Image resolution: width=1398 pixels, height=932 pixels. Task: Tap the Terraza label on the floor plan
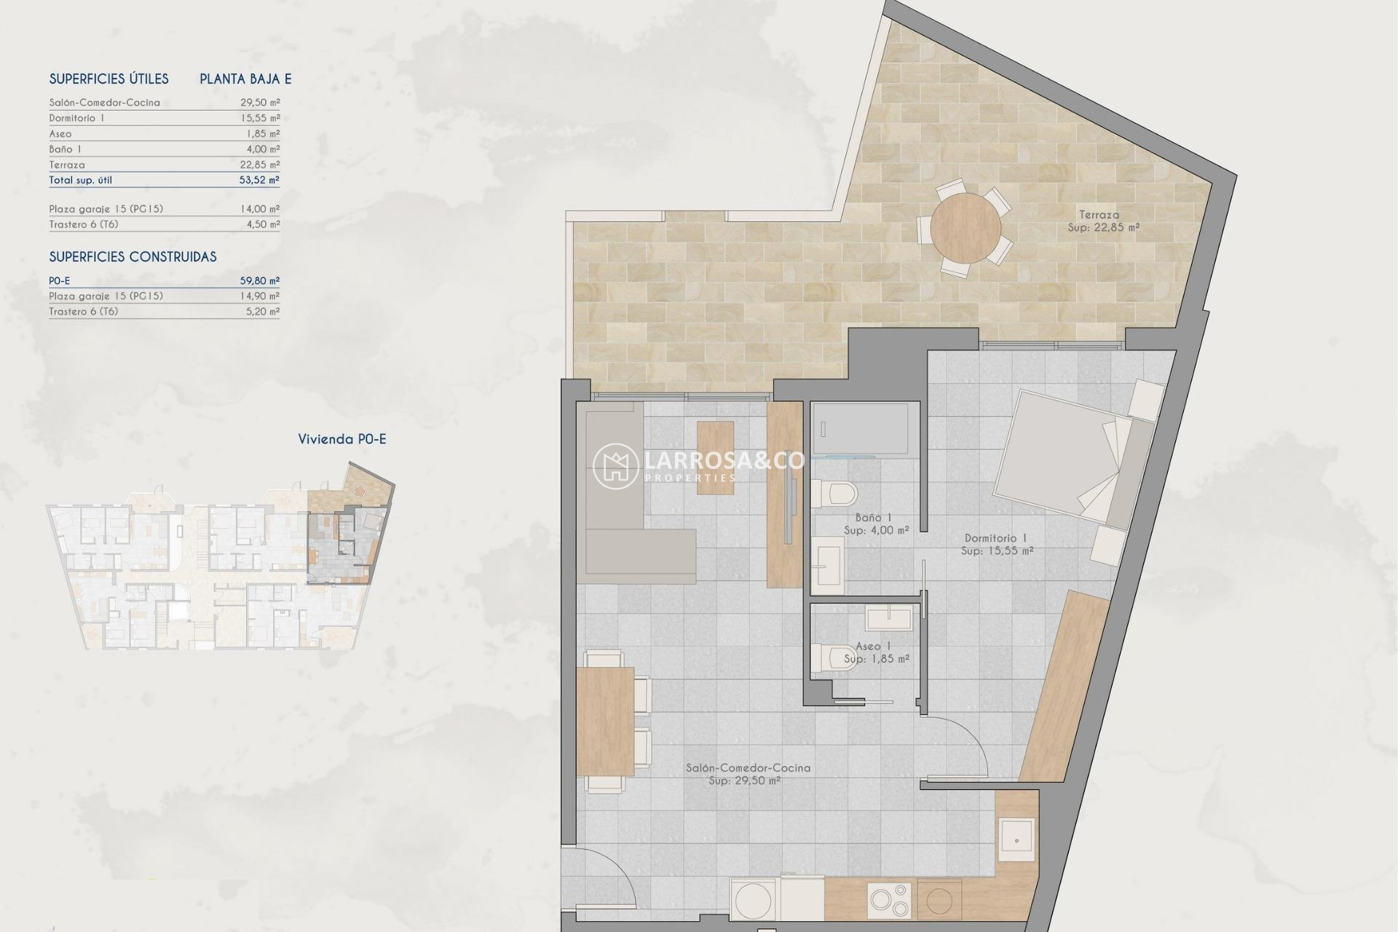pyautogui.click(x=1099, y=215)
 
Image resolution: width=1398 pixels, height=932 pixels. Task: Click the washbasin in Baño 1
pyautogui.click(x=828, y=562)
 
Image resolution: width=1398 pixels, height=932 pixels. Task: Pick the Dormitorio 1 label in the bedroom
pyautogui.click(x=995, y=538)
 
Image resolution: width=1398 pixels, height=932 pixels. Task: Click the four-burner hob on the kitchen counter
pyautogui.click(x=888, y=900)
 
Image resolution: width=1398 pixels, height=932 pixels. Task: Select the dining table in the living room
pyautogui.click(x=605, y=721)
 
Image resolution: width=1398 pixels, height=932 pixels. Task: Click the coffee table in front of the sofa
pyautogui.click(x=715, y=457)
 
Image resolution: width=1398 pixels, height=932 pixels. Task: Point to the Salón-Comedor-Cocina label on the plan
pyautogui.click(x=747, y=767)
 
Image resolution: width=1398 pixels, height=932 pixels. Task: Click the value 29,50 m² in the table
pyautogui.click(x=260, y=103)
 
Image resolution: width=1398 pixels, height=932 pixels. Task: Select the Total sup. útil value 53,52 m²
pyautogui.click(x=259, y=180)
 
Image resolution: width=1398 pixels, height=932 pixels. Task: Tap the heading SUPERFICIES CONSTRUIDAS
pyautogui.click(x=133, y=257)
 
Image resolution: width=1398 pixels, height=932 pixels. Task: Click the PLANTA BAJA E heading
pyautogui.click(x=245, y=79)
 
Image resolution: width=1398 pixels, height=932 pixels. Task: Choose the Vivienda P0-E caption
pyautogui.click(x=341, y=439)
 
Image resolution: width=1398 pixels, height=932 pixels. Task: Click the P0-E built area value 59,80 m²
pyautogui.click(x=259, y=280)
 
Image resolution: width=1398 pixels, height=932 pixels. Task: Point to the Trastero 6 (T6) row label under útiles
pyautogui.click(x=83, y=224)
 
